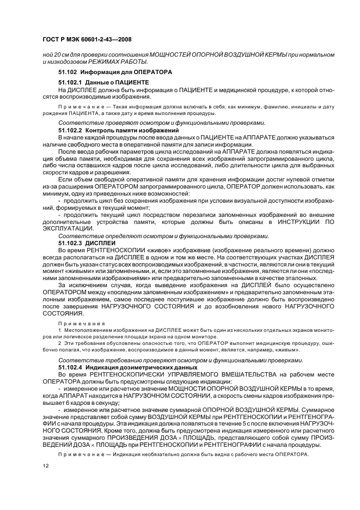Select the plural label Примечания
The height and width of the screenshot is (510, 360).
click(77, 323)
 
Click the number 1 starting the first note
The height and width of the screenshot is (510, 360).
click(60, 330)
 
